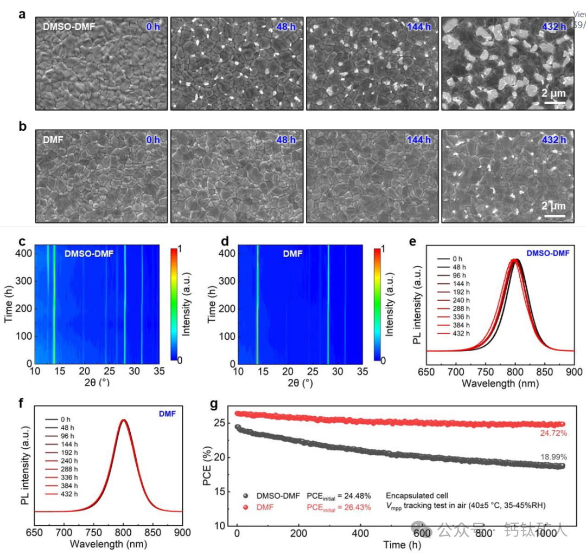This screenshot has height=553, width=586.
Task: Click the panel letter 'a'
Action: (22, 14)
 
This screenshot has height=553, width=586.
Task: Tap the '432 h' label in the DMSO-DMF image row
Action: (553, 27)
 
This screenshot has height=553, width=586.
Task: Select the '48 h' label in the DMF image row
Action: (286, 140)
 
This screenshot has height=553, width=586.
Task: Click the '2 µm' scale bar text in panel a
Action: (553, 93)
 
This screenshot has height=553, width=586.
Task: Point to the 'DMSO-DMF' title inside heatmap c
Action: (89, 253)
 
